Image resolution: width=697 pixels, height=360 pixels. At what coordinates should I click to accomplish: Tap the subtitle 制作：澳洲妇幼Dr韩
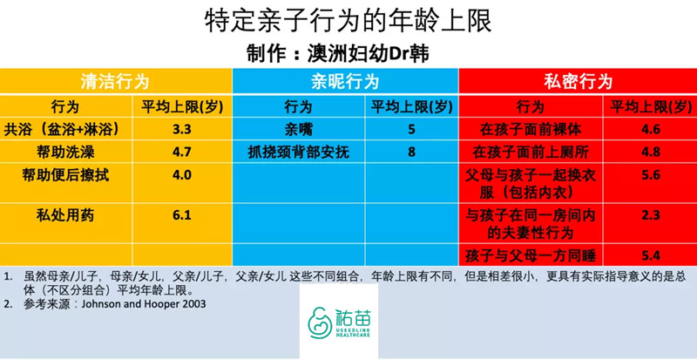pos(348,51)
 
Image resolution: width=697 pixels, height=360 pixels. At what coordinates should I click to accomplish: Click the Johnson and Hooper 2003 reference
pos(147,304)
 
